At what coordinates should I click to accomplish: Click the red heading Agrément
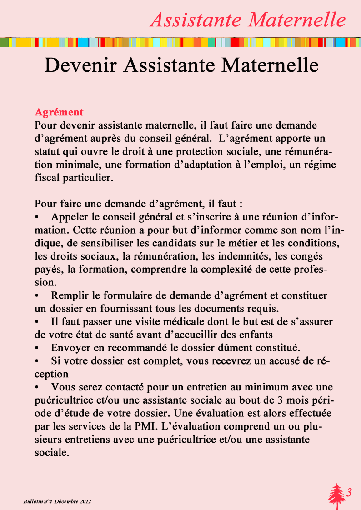(x=59, y=112)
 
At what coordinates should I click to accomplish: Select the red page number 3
(x=349, y=492)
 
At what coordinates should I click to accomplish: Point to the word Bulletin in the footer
(x=33, y=501)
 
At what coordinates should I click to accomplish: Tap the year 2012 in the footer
(x=85, y=501)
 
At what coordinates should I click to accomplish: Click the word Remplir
(x=69, y=295)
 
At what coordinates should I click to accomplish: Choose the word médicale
(x=179, y=322)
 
